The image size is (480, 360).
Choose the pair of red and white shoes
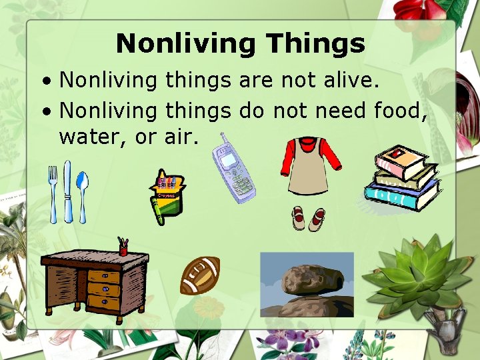[x=308, y=219]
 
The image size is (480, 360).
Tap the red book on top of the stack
[x=400, y=160]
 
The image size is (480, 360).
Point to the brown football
[x=199, y=275]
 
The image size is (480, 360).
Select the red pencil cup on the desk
[x=123, y=249]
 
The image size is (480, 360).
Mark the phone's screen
[x=229, y=160]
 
